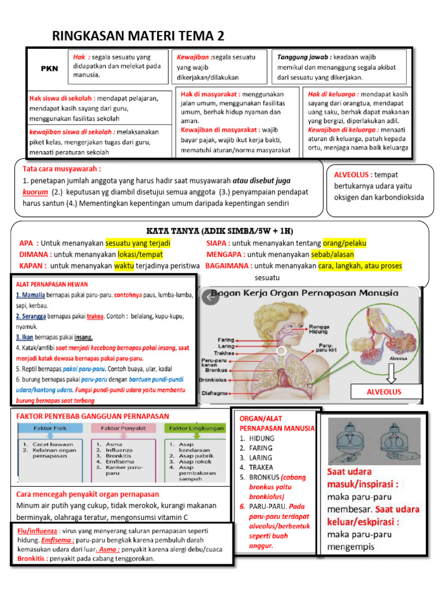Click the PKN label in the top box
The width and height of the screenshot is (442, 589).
pos(49,68)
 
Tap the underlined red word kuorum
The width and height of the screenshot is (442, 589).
pos(35,192)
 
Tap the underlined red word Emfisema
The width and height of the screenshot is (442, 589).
pos(58,541)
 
